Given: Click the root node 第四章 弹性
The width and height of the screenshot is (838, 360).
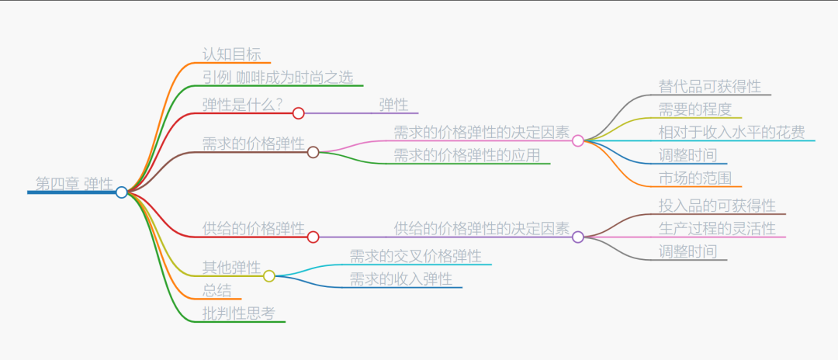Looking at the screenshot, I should [x=74, y=184].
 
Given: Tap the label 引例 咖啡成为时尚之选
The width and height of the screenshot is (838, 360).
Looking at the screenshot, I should [x=278, y=77].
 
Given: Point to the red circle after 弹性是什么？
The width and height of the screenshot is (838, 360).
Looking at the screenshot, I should [x=298, y=113].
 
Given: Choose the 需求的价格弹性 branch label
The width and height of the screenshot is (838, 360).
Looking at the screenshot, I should [x=253, y=144].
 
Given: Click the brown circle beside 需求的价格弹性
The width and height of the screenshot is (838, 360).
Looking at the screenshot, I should [x=313, y=152].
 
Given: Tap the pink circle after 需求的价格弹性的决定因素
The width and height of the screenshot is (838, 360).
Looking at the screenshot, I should [x=577, y=140].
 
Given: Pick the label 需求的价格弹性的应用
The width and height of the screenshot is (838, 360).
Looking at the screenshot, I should [x=466, y=154].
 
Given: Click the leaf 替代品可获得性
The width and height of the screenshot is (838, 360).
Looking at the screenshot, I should [x=709, y=86].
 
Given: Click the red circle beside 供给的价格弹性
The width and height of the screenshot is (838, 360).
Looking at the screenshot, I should [x=313, y=237].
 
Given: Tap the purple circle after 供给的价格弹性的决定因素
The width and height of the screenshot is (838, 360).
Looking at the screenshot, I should [x=577, y=237].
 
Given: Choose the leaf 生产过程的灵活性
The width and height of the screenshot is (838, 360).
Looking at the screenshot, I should [x=717, y=228].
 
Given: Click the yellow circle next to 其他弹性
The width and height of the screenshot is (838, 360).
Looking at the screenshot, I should [x=269, y=275].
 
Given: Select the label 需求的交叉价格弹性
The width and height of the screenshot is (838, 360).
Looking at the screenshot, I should [x=415, y=256].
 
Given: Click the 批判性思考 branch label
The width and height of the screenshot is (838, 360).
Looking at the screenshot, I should [x=238, y=313].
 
